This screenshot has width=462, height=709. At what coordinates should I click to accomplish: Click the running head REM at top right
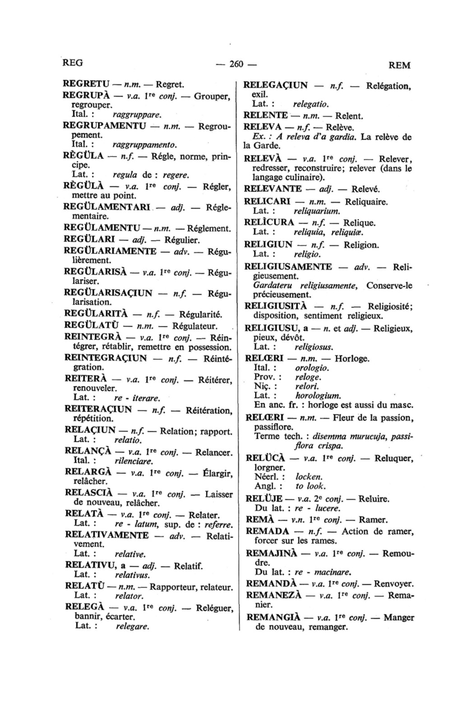pyautogui.click(x=399, y=65)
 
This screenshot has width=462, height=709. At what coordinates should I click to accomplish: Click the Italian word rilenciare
pyautogui.click(x=134, y=461)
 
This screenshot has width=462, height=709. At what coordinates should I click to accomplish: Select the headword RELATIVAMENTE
pyautogui.click(x=107, y=535)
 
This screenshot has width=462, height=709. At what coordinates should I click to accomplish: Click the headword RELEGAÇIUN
pyautogui.click(x=276, y=86)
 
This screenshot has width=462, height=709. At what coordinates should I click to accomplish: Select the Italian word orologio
pyautogui.click(x=311, y=368)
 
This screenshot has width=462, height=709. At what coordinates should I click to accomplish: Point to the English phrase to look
pyautogui.click(x=310, y=486)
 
